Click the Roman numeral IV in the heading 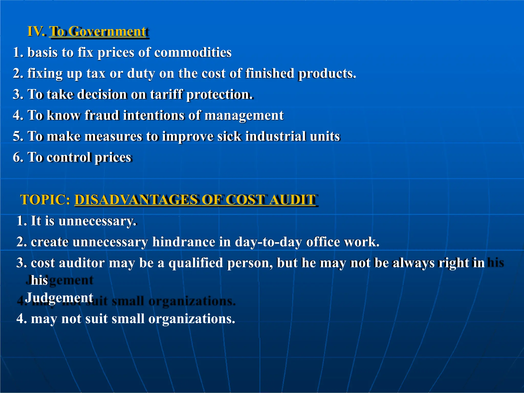point(36,31)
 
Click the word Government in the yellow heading point(107,31)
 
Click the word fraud point(102,115)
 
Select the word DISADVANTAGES point(136,200)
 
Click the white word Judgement point(59,298)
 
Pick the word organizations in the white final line point(191,319)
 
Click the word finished point(270,73)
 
